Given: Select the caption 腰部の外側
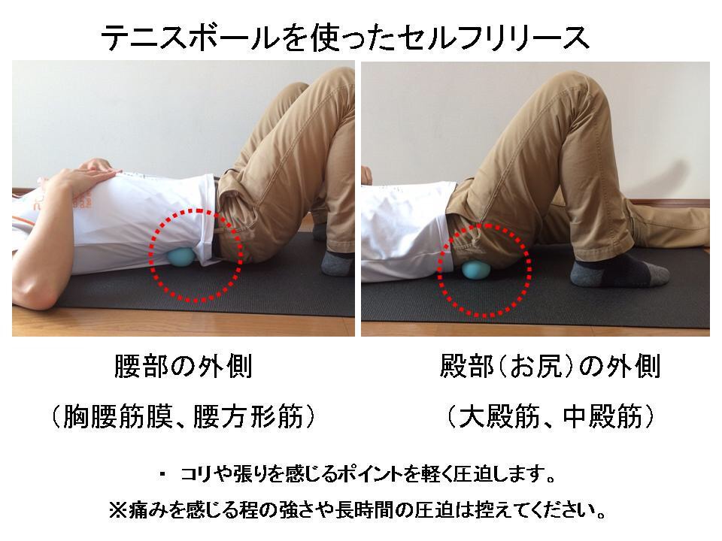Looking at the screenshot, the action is pos(184,367).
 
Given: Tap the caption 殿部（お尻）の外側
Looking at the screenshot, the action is pos(550,367).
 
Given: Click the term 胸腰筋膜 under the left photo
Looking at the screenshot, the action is pos(118,416).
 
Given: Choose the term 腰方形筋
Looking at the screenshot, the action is pos(247,416).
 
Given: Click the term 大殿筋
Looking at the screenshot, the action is pos(499,416).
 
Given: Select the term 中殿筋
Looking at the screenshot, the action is pos(602,416).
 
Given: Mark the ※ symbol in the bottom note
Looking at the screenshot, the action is pos(118,510).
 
